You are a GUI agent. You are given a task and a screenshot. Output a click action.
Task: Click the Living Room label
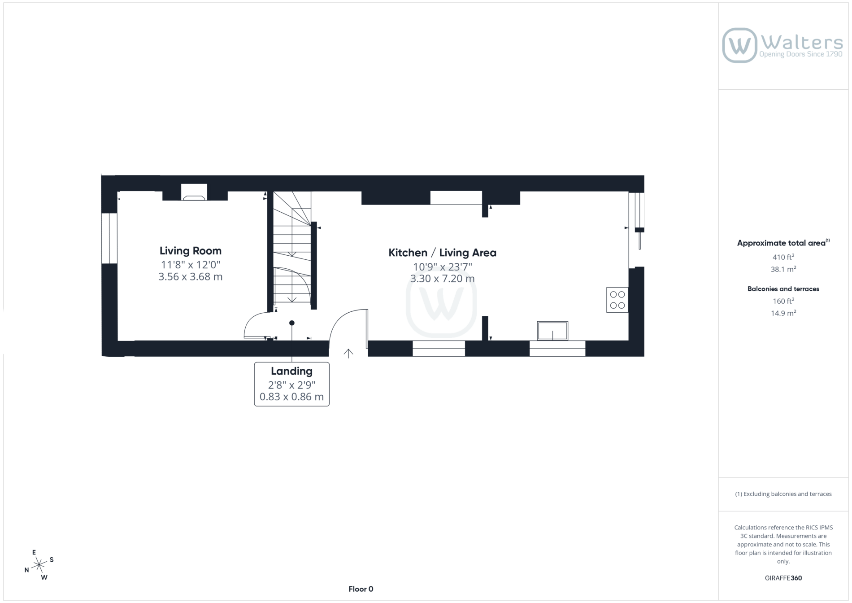[x=191, y=251]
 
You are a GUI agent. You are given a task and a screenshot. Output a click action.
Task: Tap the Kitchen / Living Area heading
[x=442, y=253]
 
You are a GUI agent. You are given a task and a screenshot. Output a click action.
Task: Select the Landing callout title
[x=291, y=371]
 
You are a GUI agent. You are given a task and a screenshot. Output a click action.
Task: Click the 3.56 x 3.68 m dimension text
[x=191, y=277]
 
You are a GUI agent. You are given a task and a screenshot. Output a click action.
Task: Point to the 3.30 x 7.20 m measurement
[x=442, y=279]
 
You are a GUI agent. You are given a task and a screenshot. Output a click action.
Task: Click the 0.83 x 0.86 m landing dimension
[x=291, y=397]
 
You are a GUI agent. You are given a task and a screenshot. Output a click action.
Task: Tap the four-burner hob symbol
[x=617, y=300]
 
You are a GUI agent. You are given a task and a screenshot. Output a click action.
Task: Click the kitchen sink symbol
[x=552, y=331]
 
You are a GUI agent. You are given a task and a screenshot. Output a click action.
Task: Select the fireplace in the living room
[x=194, y=192]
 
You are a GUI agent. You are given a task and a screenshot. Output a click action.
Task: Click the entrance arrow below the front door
[x=348, y=354]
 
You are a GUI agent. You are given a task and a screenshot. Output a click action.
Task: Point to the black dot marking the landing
[x=292, y=323]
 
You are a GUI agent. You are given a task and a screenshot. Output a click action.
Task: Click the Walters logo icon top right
[x=739, y=45]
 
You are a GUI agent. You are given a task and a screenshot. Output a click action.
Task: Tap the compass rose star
[x=39, y=564]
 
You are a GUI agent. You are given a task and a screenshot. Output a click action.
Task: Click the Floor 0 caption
[x=361, y=589]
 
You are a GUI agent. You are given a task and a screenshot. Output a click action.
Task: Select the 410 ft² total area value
[x=783, y=257]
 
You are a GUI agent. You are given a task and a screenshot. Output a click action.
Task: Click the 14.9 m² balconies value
[x=783, y=313]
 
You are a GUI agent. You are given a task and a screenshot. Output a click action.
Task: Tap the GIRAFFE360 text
[x=783, y=578]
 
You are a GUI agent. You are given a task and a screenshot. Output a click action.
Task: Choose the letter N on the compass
[x=27, y=570]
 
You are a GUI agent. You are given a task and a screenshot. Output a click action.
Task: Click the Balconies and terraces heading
[x=783, y=289]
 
